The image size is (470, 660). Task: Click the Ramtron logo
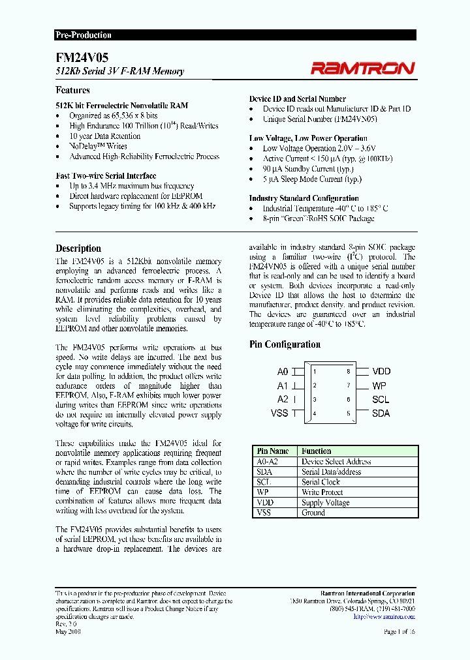click(x=362, y=68)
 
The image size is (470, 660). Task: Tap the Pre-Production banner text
click(x=84, y=35)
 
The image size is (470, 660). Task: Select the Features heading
click(x=72, y=90)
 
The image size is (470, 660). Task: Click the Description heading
click(x=78, y=248)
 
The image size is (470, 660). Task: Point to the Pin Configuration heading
click(x=285, y=344)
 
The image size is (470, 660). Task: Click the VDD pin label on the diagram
click(x=381, y=371)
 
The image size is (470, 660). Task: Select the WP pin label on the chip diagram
click(x=380, y=385)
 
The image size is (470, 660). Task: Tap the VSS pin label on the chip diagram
click(x=279, y=413)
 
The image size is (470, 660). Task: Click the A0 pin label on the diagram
click(x=283, y=371)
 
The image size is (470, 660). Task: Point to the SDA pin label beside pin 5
click(x=381, y=413)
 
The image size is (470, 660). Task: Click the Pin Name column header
click(x=273, y=451)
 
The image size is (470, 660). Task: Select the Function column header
click(x=317, y=451)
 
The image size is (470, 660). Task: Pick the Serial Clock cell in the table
click(x=321, y=482)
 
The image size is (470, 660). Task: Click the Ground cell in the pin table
click(x=313, y=513)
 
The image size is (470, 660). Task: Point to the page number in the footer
click(x=399, y=632)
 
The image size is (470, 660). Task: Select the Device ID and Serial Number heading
click(x=297, y=99)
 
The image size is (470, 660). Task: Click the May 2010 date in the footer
click(x=69, y=632)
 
